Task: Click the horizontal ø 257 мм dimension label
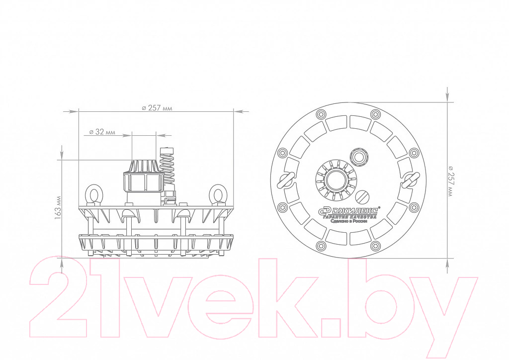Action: pos(157,108)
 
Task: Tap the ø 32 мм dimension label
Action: pos(102,132)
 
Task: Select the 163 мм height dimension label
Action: pos(58,208)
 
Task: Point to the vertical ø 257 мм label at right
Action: pos(450,180)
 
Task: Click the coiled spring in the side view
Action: pos(167,165)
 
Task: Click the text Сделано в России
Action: pos(348,221)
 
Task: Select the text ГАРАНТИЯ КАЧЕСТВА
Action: pos(349,216)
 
